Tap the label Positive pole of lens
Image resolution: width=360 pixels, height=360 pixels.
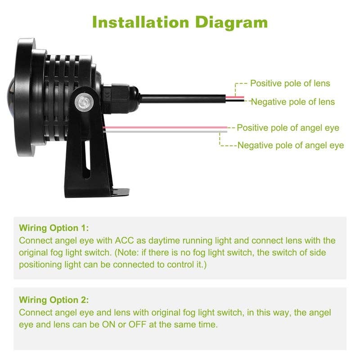pos(290,83)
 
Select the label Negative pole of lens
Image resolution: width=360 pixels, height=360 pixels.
pos(292,102)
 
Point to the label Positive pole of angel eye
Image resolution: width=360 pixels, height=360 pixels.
pos(288,128)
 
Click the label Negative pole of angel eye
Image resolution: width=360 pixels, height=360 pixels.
pos(290,145)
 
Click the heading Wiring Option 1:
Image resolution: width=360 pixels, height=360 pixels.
pos(54,228)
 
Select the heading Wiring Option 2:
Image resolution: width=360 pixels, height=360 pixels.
pos(54,300)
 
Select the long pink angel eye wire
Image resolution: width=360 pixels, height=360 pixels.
pos(166,128)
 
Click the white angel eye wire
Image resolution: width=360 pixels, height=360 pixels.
pos(166,131)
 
